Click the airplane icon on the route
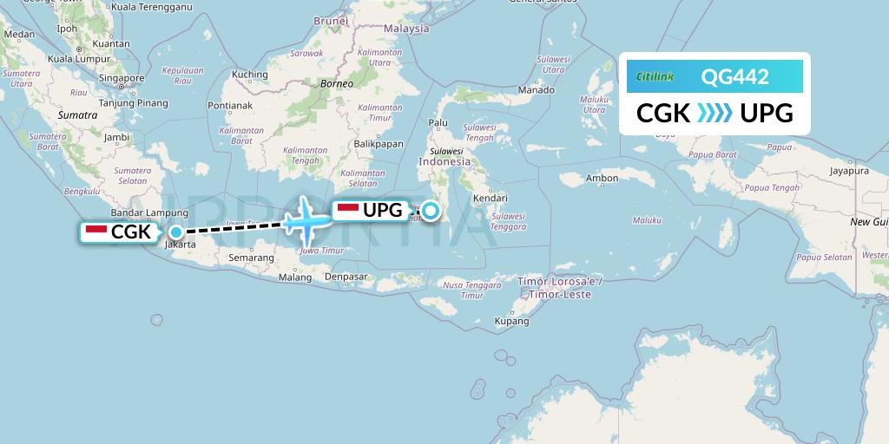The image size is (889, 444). [x=305, y=220]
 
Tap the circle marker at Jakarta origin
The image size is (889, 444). [x=176, y=232]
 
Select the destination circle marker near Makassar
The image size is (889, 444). [x=430, y=210]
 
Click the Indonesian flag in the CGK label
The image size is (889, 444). [x=96, y=232]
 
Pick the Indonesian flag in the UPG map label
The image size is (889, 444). [x=347, y=210]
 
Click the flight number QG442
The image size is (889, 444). [x=734, y=76]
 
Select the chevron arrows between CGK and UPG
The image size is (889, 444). [x=714, y=113]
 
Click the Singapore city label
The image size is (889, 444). [x=121, y=78]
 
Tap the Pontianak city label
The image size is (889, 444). [x=229, y=106]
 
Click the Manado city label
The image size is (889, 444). [x=536, y=89]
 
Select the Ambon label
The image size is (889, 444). [x=603, y=179]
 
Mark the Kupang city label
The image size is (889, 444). [x=511, y=321]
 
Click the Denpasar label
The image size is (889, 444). [x=346, y=277]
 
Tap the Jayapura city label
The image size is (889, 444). [x=849, y=171]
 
